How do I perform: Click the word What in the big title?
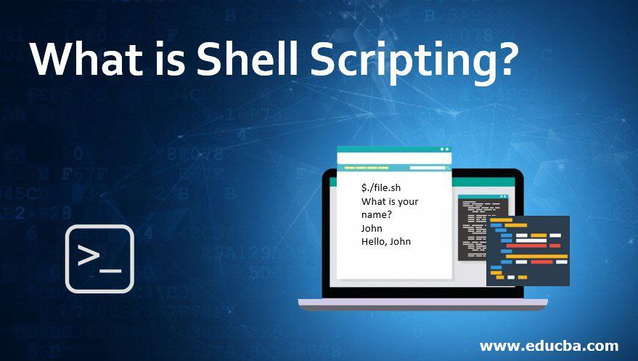tap(86, 58)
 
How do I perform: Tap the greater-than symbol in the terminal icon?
tap(89, 255)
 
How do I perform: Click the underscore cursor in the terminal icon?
tap(110, 271)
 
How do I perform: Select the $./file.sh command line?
tap(381, 188)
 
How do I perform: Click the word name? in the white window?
tap(377, 214)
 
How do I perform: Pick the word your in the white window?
tap(408, 202)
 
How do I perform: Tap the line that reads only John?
tap(372, 228)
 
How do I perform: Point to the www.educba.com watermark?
tap(549, 346)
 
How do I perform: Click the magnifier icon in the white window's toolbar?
tap(448, 168)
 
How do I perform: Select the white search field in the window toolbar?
tap(428, 168)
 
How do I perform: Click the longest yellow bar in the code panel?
tap(536, 256)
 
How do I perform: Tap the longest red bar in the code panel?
tap(526, 246)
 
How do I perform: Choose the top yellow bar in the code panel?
tap(502, 220)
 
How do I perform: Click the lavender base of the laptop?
tap(422, 302)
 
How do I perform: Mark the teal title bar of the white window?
tap(394, 150)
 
